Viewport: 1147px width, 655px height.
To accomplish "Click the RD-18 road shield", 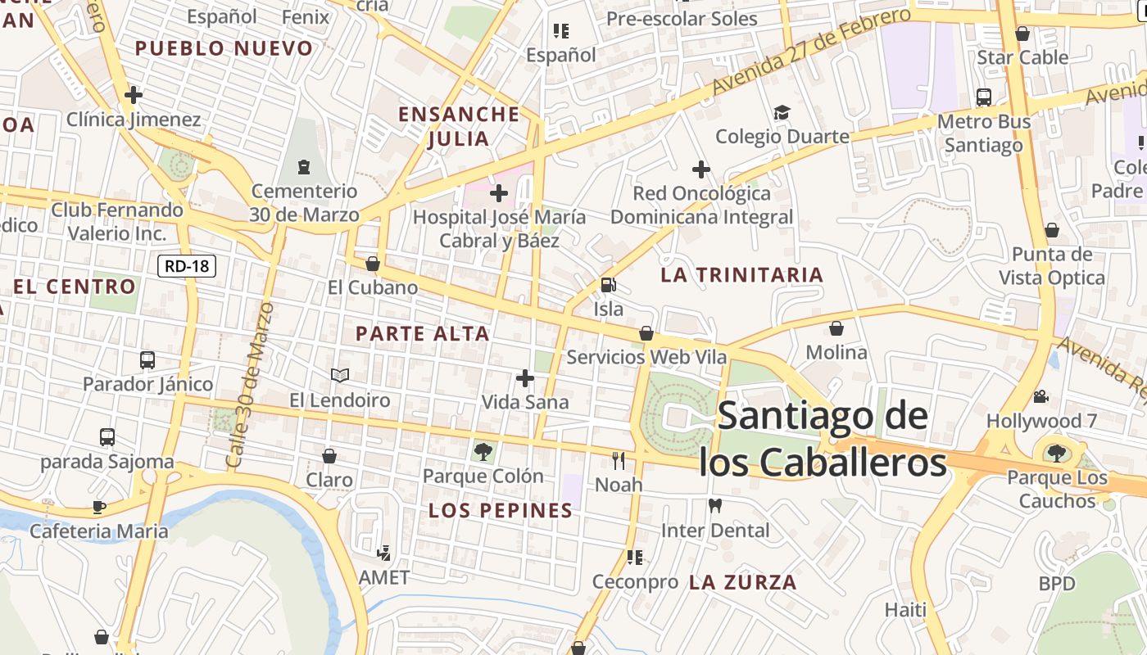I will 187,265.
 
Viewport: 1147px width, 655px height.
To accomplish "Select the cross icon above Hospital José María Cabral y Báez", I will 498,194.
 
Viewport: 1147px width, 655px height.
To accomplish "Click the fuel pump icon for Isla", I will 609,285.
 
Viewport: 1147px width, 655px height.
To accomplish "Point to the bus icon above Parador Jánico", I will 147,359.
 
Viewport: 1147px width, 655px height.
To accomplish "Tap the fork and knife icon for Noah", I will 619,461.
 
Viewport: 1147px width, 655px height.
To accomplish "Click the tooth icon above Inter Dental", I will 715,506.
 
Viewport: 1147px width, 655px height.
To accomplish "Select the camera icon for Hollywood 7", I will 1040,397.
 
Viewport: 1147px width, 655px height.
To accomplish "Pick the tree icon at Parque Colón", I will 483,451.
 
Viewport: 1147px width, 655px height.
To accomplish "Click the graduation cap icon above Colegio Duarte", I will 782,112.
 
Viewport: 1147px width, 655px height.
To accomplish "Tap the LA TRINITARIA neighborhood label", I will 741,275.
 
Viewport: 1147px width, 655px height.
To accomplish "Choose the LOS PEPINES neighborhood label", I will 501,511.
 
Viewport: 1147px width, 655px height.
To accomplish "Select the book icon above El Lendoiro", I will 340,375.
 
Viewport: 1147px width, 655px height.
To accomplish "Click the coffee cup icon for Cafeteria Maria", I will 99,507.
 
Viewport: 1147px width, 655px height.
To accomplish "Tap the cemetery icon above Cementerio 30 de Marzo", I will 304,167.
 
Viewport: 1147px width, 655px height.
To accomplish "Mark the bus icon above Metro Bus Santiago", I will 983,97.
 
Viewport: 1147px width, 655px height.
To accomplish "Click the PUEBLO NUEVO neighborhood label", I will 224,48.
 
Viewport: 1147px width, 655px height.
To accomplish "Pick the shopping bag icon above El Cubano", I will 373,264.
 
